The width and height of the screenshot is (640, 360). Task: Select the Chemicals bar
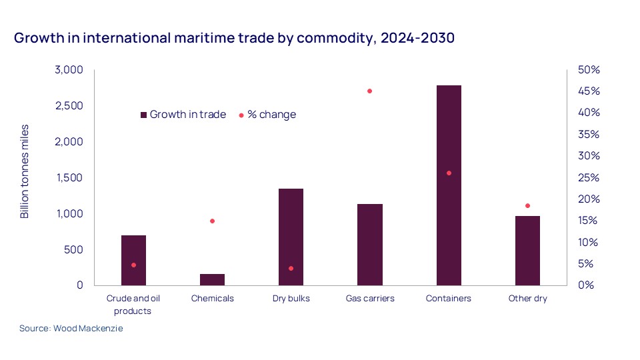click(212, 279)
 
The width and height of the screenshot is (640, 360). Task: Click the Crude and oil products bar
click(133, 260)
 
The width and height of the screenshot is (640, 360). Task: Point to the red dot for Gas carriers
click(369, 91)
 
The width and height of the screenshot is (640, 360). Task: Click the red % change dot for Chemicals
click(213, 221)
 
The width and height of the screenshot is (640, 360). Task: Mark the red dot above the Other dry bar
click(527, 206)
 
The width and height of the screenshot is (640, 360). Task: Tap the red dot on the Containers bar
click(449, 173)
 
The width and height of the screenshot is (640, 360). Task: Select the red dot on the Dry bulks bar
click(291, 268)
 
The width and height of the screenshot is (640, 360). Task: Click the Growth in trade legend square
click(143, 115)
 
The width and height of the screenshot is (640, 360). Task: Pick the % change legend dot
click(241, 115)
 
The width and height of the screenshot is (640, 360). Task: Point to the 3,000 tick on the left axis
click(68, 70)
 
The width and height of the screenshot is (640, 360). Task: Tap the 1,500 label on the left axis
click(68, 178)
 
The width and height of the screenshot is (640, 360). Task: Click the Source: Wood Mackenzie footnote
click(71, 329)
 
